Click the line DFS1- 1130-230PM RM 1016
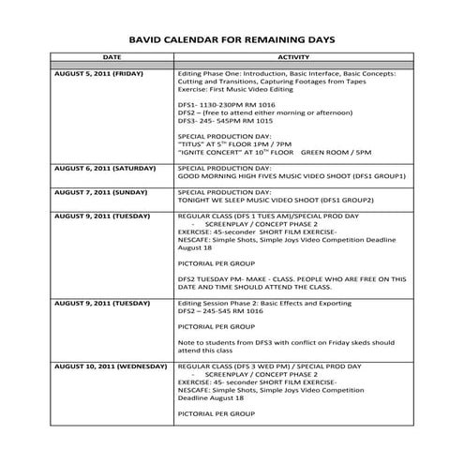pyautogui.click(x=223, y=103)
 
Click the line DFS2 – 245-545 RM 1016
pyautogui.click(x=217, y=312)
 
